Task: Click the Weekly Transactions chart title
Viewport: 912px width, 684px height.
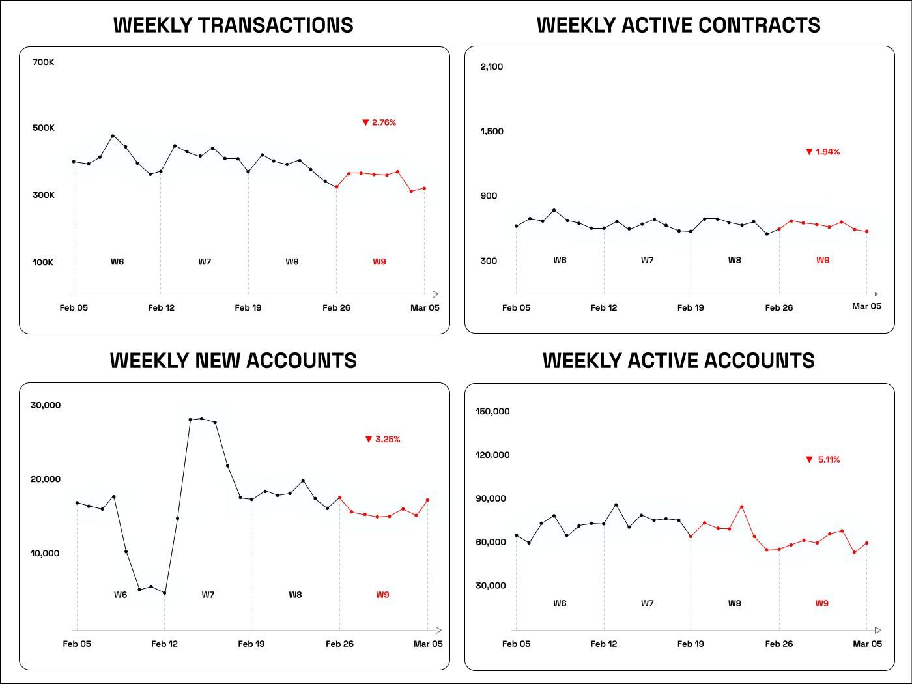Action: coord(233,25)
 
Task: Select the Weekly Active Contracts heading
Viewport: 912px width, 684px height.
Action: coord(678,25)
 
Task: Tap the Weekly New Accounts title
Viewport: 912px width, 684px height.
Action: coord(233,361)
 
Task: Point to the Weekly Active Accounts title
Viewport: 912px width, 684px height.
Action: coord(678,361)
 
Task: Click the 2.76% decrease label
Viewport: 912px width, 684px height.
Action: coord(379,122)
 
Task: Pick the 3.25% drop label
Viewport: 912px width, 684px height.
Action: coord(383,440)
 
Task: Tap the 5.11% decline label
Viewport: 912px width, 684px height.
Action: coord(823,460)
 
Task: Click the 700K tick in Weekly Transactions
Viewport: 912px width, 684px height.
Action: coord(43,63)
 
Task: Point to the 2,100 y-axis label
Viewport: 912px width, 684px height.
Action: coord(491,66)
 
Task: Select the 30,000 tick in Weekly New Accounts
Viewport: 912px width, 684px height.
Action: coord(46,405)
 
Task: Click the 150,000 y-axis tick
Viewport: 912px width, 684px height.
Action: coord(492,412)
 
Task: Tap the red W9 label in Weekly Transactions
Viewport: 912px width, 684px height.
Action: coord(379,262)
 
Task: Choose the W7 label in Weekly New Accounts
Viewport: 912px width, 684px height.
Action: coord(208,595)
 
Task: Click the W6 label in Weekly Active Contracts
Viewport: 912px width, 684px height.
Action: coord(560,261)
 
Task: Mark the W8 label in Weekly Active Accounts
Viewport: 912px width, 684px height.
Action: coord(734,603)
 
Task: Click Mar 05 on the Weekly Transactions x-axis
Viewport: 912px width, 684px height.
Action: coord(425,308)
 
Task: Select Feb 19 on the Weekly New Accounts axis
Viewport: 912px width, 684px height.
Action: coord(251,644)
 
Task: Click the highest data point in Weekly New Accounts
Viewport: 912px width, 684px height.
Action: coord(202,419)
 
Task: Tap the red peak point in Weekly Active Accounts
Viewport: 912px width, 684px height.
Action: coord(742,507)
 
